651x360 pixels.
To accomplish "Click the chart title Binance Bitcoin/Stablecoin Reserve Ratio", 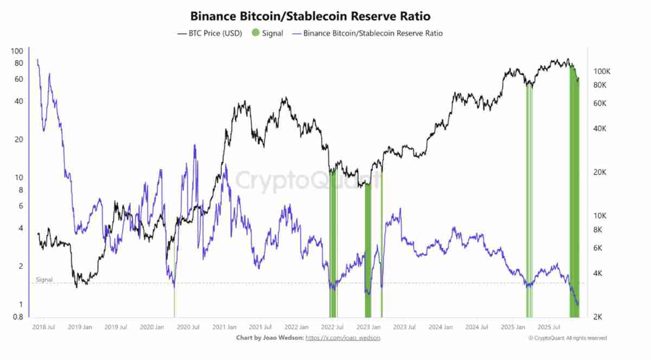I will (310, 16).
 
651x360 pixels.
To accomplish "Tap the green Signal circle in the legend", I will (256, 34).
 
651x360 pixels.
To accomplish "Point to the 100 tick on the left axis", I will (17, 52).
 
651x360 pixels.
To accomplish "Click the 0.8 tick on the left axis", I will (18, 317).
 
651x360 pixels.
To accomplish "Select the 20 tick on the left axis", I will (19, 139).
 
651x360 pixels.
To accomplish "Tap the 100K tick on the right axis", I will (603, 72).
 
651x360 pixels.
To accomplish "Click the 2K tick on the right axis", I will (599, 317).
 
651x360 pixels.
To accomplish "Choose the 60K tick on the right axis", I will (601, 103).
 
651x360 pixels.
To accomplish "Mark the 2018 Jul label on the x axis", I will (43, 327).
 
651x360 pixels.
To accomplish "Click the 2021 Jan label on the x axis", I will (224, 327).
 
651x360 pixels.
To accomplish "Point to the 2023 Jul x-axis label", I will (404, 327).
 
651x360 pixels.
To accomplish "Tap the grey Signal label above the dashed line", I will (44, 280).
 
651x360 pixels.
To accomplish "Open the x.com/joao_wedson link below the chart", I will (343, 338).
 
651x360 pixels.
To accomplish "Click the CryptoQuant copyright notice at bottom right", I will (567, 338).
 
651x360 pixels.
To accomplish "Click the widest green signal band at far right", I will (575, 190).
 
